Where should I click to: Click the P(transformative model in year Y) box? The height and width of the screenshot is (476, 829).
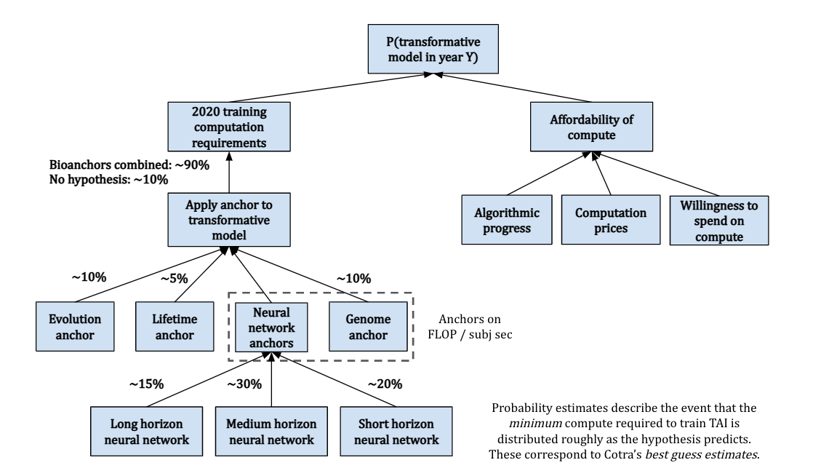tap(433, 49)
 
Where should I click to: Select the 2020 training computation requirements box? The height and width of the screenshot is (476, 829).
tap(229, 127)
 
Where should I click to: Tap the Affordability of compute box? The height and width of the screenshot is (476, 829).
tap(591, 127)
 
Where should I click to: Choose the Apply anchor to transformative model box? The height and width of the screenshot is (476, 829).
tap(229, 220)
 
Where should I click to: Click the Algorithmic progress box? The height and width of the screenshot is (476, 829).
tap(507, 220)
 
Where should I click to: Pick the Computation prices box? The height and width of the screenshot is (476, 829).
tap(611, 220)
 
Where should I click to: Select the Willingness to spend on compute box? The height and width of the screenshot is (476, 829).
tap(719, 220)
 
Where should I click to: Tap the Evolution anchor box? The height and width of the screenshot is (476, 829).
tap(75, 326)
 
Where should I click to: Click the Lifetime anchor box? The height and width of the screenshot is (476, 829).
tap(175, 326)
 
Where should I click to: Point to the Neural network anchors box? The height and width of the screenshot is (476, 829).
tap(271, 328)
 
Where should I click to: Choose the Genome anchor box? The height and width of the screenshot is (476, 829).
tap(368, 326)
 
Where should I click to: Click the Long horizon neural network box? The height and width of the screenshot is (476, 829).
tap(146, 431)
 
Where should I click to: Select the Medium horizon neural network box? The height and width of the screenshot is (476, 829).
tap(271, 431)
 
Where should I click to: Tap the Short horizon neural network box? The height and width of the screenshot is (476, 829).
tap(396, 431)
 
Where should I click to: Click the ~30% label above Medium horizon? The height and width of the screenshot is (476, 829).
tap(244, 384)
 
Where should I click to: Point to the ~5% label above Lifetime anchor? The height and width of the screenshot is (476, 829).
tap(174, 278)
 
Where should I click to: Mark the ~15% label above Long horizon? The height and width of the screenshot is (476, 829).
tap(146, 384)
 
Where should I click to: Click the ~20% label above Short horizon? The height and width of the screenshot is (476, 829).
tap(385, 384)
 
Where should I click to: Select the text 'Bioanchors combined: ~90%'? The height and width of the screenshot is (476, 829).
tap(129, 165)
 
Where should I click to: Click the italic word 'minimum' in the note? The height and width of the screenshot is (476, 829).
tap(535, 423)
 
